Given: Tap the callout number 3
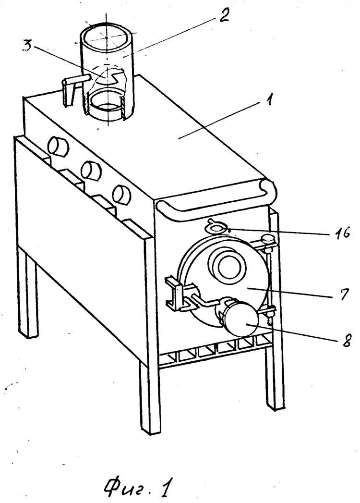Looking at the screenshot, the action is (27, 46).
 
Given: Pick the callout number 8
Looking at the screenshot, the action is (346, 340).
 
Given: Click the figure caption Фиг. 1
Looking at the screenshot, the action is (138, 487).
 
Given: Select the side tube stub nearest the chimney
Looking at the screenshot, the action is (58, 147).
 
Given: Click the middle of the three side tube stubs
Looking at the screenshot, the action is (91, 171).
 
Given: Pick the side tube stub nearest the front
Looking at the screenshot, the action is (122, 195).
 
